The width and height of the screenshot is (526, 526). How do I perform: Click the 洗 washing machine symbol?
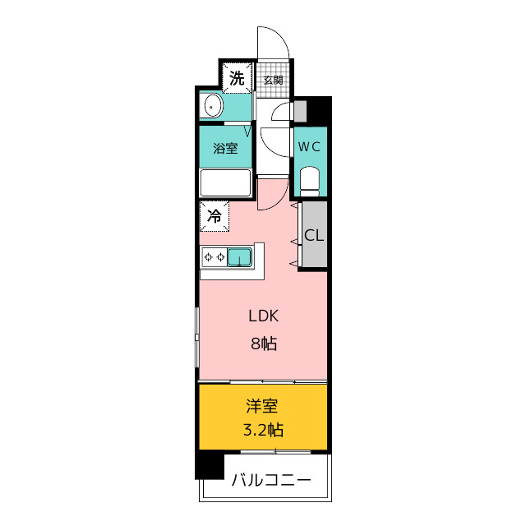coord(237,78)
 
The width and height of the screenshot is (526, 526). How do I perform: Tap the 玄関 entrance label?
coord(273,81)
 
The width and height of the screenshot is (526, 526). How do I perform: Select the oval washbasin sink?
coord(212,106)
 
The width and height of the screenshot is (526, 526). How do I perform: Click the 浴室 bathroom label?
coord(225,148)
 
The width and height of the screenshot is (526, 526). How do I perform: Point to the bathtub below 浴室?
coord(225,182)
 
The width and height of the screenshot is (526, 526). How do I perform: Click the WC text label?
coord(309,147)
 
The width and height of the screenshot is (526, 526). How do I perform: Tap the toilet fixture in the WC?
coord(310,181)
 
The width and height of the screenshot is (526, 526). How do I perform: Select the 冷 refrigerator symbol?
coord(215,216)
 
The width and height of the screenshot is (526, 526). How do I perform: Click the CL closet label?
coord(314,235)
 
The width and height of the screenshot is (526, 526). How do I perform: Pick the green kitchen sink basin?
coord(239,257)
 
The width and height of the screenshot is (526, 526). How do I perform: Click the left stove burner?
coord(208,257)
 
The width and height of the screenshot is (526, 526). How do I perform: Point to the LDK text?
coord(263,316)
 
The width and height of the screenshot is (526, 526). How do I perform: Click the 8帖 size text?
coord(264,344)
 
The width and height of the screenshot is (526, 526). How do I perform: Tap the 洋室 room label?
coord(262,406)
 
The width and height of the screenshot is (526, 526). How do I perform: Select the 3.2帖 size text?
coord(263,430)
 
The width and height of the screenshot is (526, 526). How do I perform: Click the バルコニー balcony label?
coord(271,480)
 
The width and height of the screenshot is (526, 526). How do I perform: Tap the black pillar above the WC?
coord(319,111)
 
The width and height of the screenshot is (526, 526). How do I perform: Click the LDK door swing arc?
coord(280,201)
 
